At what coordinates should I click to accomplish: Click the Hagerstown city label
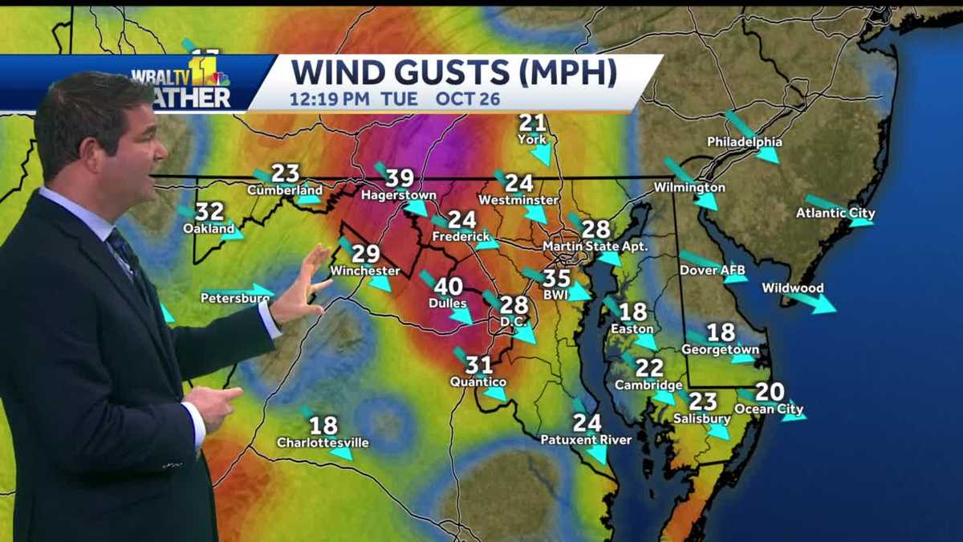(398, 195)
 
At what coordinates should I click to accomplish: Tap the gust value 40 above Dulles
(448, 287)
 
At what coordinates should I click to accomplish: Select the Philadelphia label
(744, 142)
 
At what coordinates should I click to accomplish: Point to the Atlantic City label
(835, 214)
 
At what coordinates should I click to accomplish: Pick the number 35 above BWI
(557, 279)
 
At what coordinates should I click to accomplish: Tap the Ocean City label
(769, 410)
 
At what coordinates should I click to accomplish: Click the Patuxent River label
(586, 440)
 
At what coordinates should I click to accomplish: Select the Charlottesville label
(323, 442)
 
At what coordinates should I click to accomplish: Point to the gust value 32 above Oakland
(209, 211)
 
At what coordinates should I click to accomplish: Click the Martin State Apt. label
(595, 246)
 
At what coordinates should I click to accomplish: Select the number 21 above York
(532, 123)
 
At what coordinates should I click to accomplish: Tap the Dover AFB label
(713, 270)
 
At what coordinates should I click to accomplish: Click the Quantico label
(478, 382)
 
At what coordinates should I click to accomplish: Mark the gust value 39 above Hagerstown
(400, 178)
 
